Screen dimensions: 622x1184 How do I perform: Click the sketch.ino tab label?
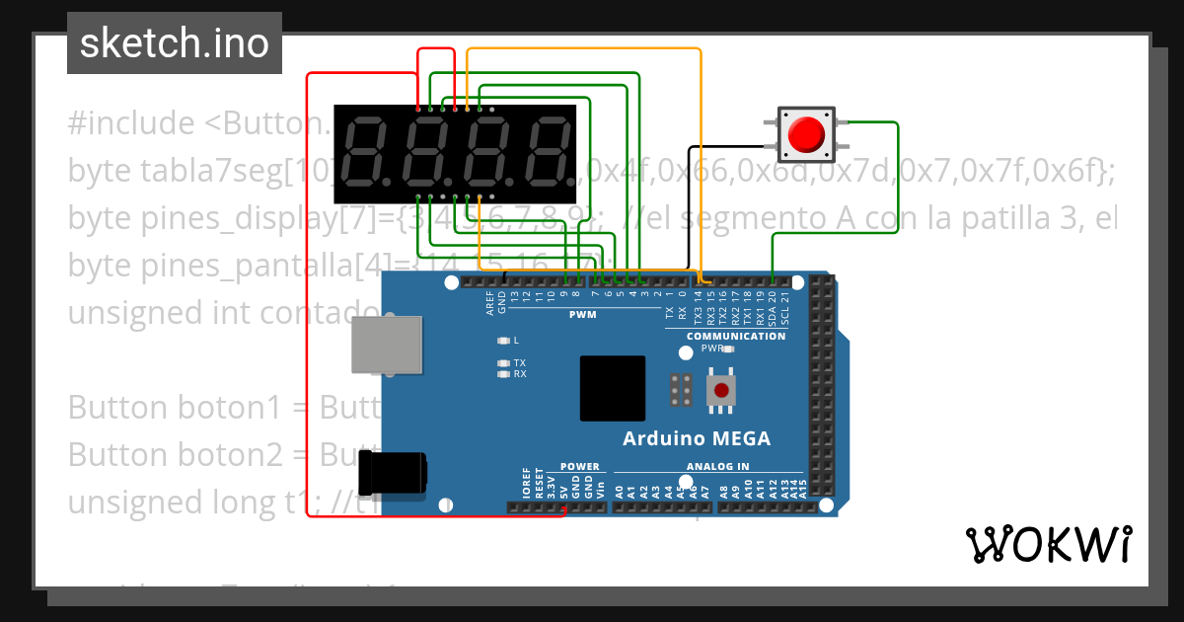(174, 43)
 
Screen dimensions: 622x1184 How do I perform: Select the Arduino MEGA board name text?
(696, 438)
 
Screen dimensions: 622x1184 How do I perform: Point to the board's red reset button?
(721, 390)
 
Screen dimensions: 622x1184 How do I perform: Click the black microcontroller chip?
(612, 388)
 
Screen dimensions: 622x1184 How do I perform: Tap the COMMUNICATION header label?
(736, 336)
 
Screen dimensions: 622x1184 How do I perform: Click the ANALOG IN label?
(717, 466)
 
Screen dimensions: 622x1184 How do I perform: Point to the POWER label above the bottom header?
(579, 466)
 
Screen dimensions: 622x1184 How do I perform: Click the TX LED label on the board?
(519, 362)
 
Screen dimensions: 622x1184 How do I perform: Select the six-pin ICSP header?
(679, 390)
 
